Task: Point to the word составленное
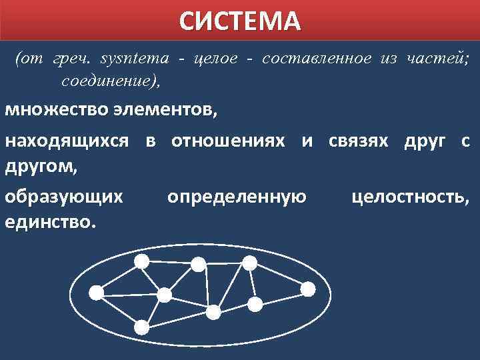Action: point(317,59)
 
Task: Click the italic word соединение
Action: point(110,82)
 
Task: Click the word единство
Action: point(50,221)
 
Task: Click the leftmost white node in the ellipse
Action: point(97,291)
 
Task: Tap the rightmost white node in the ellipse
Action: point(307,289)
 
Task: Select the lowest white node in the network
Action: point(142,327)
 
